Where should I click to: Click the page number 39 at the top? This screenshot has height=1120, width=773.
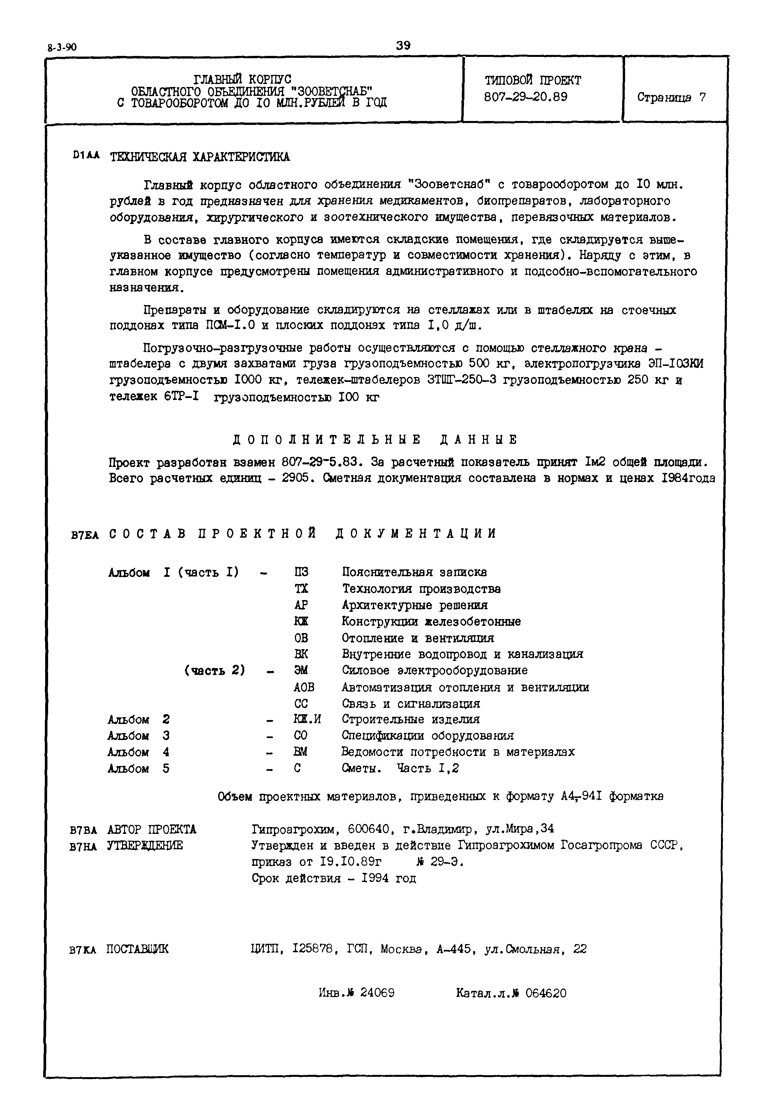point(403,46)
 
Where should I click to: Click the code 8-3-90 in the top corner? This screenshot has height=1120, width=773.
point(62,47)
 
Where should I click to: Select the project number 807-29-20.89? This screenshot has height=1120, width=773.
point(526,97)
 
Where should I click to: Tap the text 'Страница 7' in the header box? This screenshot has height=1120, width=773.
point(671,97)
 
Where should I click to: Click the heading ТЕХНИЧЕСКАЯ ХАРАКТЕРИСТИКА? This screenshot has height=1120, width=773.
point(200,157)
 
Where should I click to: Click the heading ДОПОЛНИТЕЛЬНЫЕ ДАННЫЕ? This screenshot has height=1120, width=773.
point(375,439)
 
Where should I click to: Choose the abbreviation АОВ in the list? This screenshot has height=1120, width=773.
point(304,687)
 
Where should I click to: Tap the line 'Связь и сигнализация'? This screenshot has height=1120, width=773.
point(411,703)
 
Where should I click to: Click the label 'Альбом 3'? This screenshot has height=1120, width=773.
point(138,736)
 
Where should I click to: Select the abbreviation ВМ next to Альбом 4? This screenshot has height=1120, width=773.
point(300,752)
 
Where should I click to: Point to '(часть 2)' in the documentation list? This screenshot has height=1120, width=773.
point(215,670)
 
